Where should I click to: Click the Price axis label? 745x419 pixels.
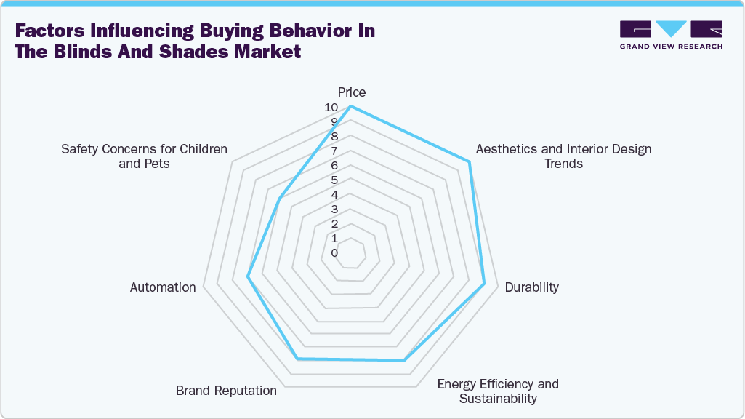[x=351, y=92]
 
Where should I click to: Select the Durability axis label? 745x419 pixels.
[x=532, y=287]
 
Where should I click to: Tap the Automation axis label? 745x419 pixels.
[x=163, y=287]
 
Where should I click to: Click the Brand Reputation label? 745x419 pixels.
[x=226, y=391]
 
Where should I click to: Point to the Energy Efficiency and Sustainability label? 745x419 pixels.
[x=498, y=391]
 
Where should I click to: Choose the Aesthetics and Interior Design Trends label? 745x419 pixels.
[x=563, y=156]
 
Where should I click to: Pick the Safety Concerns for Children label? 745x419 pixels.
[x=144, y=156]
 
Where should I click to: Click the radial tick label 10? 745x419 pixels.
[x=331, y=107]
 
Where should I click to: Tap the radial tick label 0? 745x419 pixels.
[x=334, y=253]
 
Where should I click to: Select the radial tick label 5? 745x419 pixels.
[x=334, y=180]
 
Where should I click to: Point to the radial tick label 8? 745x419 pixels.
[x=334, y=137]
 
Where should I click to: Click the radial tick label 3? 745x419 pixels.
[x=334, y=209]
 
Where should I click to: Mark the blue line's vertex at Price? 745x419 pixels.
[x=351, y=107]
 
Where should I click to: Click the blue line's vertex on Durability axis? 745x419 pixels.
[x=484, y=284]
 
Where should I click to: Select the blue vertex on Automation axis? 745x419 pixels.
[x=248, y=276]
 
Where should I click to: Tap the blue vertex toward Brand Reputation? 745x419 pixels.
[x=297, y=359]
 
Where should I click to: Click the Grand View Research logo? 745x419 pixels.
[x=671, y=34]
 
